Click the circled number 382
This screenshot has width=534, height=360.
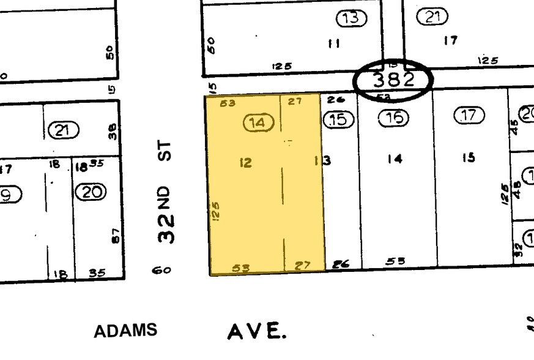394,79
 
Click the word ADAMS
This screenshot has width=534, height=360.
125,331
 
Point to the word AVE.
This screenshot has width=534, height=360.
256,332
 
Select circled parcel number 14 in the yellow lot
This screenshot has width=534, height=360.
258,123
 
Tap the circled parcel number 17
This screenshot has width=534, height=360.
469,115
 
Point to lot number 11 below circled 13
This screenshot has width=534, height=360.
334,44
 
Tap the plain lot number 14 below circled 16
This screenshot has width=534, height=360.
395,159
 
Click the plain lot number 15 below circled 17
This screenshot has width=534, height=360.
468,157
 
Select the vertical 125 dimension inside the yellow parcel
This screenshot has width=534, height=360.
216,211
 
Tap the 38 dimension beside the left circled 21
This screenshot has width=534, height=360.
112,130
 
